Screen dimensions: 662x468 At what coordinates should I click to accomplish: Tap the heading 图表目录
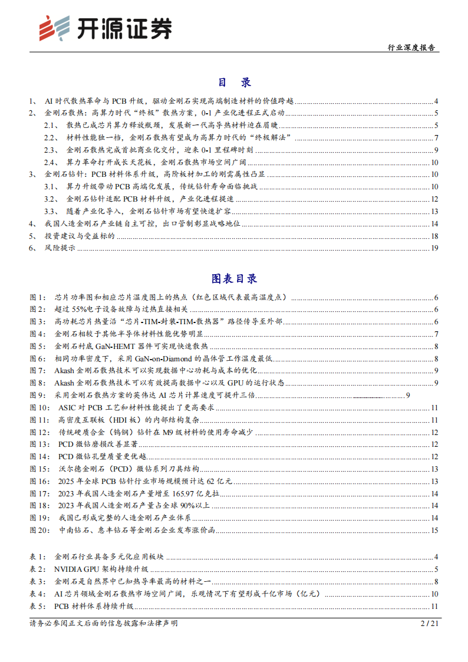(x=234, y=278)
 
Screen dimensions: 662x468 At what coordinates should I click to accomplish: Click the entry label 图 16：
(x=41, y=481)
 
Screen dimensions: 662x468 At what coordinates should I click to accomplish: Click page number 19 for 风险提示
(x=434, y=249)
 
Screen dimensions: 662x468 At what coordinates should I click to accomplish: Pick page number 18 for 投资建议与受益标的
(x=434, y=236)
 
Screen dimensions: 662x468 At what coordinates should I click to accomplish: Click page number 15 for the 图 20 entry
(x=434, y=531)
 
